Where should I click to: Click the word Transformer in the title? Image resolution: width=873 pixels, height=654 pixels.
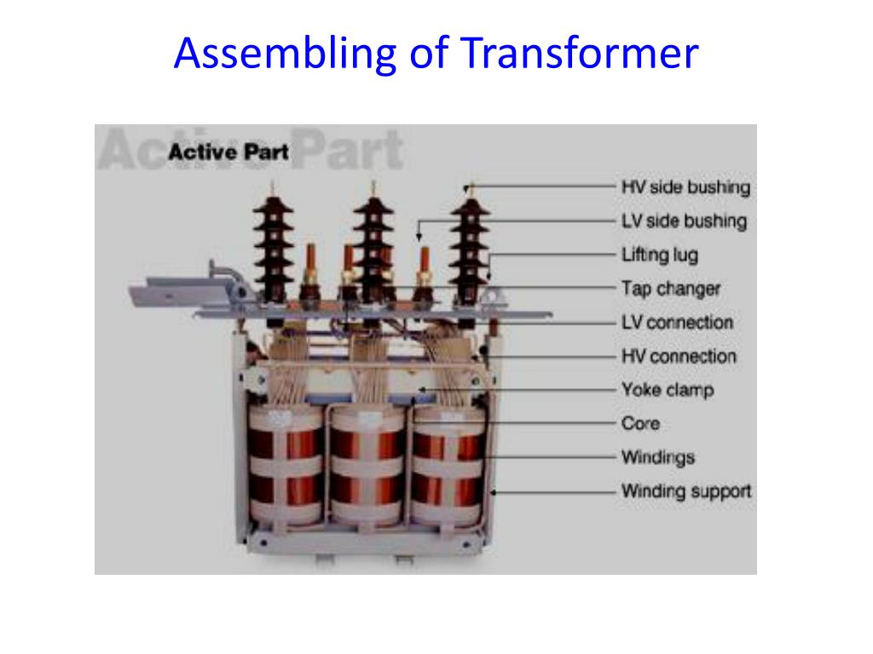pos(580,53)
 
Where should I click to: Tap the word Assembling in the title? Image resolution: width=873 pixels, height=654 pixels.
pos(285,54)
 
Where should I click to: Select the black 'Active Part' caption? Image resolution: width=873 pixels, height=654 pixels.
pos(228,152)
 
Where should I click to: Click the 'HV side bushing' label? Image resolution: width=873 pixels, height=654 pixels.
pos(685,187)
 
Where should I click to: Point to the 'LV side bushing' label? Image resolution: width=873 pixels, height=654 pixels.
pos(684,221)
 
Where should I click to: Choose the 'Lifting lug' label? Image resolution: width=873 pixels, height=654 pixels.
pos(660,255)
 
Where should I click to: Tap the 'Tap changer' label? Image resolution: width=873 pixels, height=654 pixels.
pos(671,289)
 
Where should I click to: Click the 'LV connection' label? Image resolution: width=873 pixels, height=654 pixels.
pos(677,323)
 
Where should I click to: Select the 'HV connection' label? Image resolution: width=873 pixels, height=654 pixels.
pos(679,357)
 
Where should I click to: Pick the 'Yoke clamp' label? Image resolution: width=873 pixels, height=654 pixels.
pos(668,390)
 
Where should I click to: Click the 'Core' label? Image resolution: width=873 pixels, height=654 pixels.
pos(640,424)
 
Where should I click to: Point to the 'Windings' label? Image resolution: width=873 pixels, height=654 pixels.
pos(658,457)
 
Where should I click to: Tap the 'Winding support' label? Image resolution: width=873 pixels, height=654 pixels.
pos(686,491)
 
